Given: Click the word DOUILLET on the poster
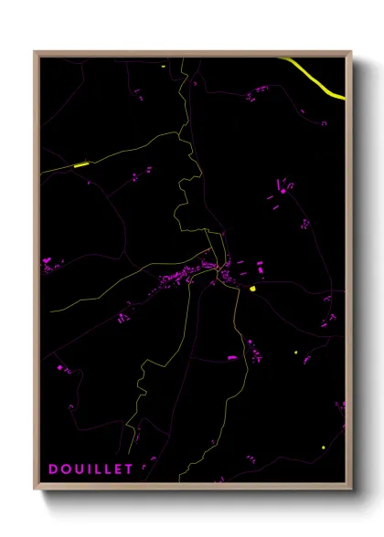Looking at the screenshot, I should point(90,469).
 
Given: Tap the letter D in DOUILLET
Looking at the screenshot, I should point(53,469).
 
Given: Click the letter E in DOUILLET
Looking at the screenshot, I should point(118,469).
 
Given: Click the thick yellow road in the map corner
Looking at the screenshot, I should point(315,78).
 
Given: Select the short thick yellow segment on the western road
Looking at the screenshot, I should point(80,165).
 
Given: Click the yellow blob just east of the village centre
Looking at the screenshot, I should point(251,289).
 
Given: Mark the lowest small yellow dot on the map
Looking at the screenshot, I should point(323,447).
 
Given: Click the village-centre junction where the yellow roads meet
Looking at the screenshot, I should point(218,268).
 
